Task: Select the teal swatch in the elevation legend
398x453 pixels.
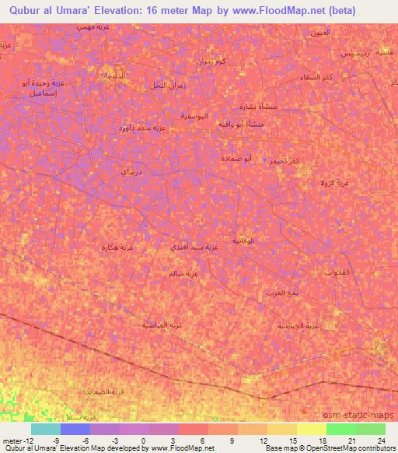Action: [x=46, y=428]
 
